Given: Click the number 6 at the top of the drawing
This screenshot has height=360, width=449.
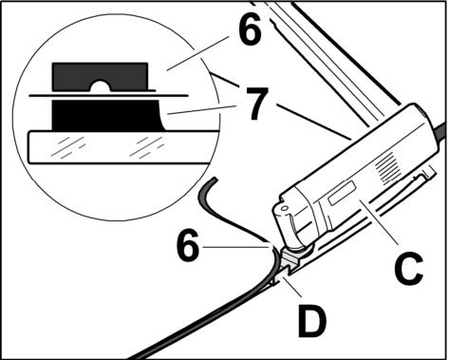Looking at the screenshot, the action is (250, 28).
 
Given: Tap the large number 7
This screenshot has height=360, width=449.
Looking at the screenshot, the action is (257, 104).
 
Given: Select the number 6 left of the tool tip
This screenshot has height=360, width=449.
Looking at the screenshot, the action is (188, 245).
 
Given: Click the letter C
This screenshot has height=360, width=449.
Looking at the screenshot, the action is (408, 268).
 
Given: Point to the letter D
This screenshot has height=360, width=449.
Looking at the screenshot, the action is (312, 322).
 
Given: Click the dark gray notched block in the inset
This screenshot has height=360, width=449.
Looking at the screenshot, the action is (101, 77).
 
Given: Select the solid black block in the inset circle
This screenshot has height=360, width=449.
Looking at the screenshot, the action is (107, 115).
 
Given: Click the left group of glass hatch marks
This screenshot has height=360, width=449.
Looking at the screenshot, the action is (68, 147).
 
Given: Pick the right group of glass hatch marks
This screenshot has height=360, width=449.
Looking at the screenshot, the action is (147, 147).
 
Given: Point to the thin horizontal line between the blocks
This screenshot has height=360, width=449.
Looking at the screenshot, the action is (108, 95).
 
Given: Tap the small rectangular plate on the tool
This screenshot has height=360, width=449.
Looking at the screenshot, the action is (342, 192).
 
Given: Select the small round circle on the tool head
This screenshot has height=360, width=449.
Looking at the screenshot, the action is (285, 208).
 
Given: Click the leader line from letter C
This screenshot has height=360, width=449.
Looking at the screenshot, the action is (377, 222).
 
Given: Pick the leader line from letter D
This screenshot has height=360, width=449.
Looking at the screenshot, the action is (291, 286).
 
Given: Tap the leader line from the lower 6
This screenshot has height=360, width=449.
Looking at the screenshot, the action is (236, 247).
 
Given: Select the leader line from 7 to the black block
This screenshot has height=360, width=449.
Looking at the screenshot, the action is (202, 109).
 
